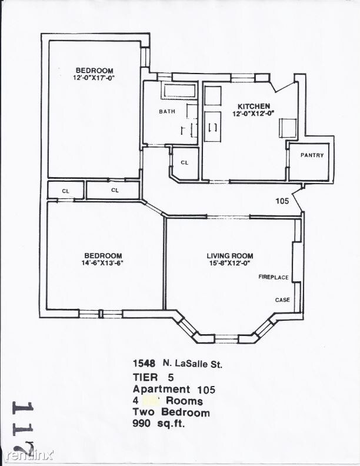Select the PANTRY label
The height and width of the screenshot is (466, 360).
[x=312, y=155]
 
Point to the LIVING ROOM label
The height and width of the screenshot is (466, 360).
[x=229, y=255]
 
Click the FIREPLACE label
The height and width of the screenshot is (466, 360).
[x=274, y=277]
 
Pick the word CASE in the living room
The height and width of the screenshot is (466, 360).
[x=282, y=300]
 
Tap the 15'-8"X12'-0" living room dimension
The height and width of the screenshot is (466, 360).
[x=229, y=262]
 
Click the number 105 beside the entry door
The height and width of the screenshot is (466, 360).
[x=282, y=201]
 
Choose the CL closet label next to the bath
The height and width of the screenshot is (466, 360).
[x=184, y=162]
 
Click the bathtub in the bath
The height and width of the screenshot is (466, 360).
[x=180, y=92]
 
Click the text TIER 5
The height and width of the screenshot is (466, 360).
[x=153, y=378]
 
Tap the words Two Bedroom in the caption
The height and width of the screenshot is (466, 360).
[x=171, y=412]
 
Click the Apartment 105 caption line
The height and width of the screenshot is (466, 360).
[x=174, y=389]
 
